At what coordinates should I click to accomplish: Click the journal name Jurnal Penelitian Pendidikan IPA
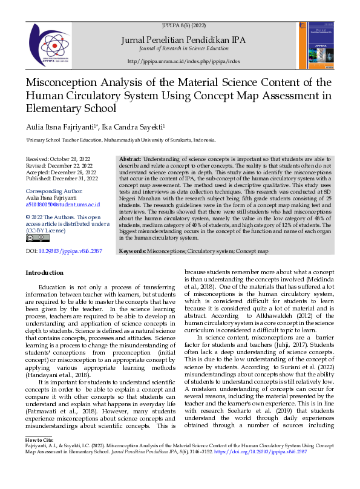pyautogui.click(x=183, y=40)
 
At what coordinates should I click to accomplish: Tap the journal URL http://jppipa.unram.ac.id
pyautogui.click(x=184, y=62)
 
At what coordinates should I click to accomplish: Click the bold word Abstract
pyautogui.click(x=131, y=158)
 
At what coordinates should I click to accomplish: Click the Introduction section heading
pyautogui.click(x=44, y=273)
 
